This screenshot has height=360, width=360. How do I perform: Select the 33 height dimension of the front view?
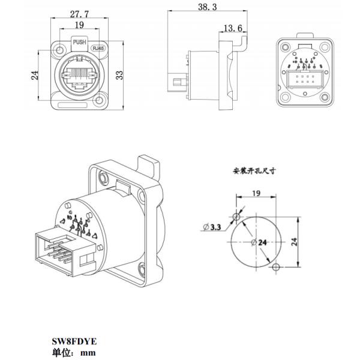pyautogui.click(x=119, y=75)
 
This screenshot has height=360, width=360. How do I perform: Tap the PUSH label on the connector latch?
pyautogui.click(x=79, y=43)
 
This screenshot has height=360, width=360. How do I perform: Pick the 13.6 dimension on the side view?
pyautogui.click(x=232, y=28)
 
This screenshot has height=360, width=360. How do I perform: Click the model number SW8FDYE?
pyautogui.click(x=74, y=341)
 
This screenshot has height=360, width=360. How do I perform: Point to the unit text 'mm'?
pyautogui.click(x=89, y=352)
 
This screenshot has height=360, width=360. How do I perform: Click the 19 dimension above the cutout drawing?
pyautogui.click(x=256, y=193)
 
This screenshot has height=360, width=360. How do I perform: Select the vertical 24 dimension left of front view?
pyautogui.click(x=35, y=75)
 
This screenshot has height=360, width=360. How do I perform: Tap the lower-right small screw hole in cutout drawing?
pyautogui.click(x=275, y=266)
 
